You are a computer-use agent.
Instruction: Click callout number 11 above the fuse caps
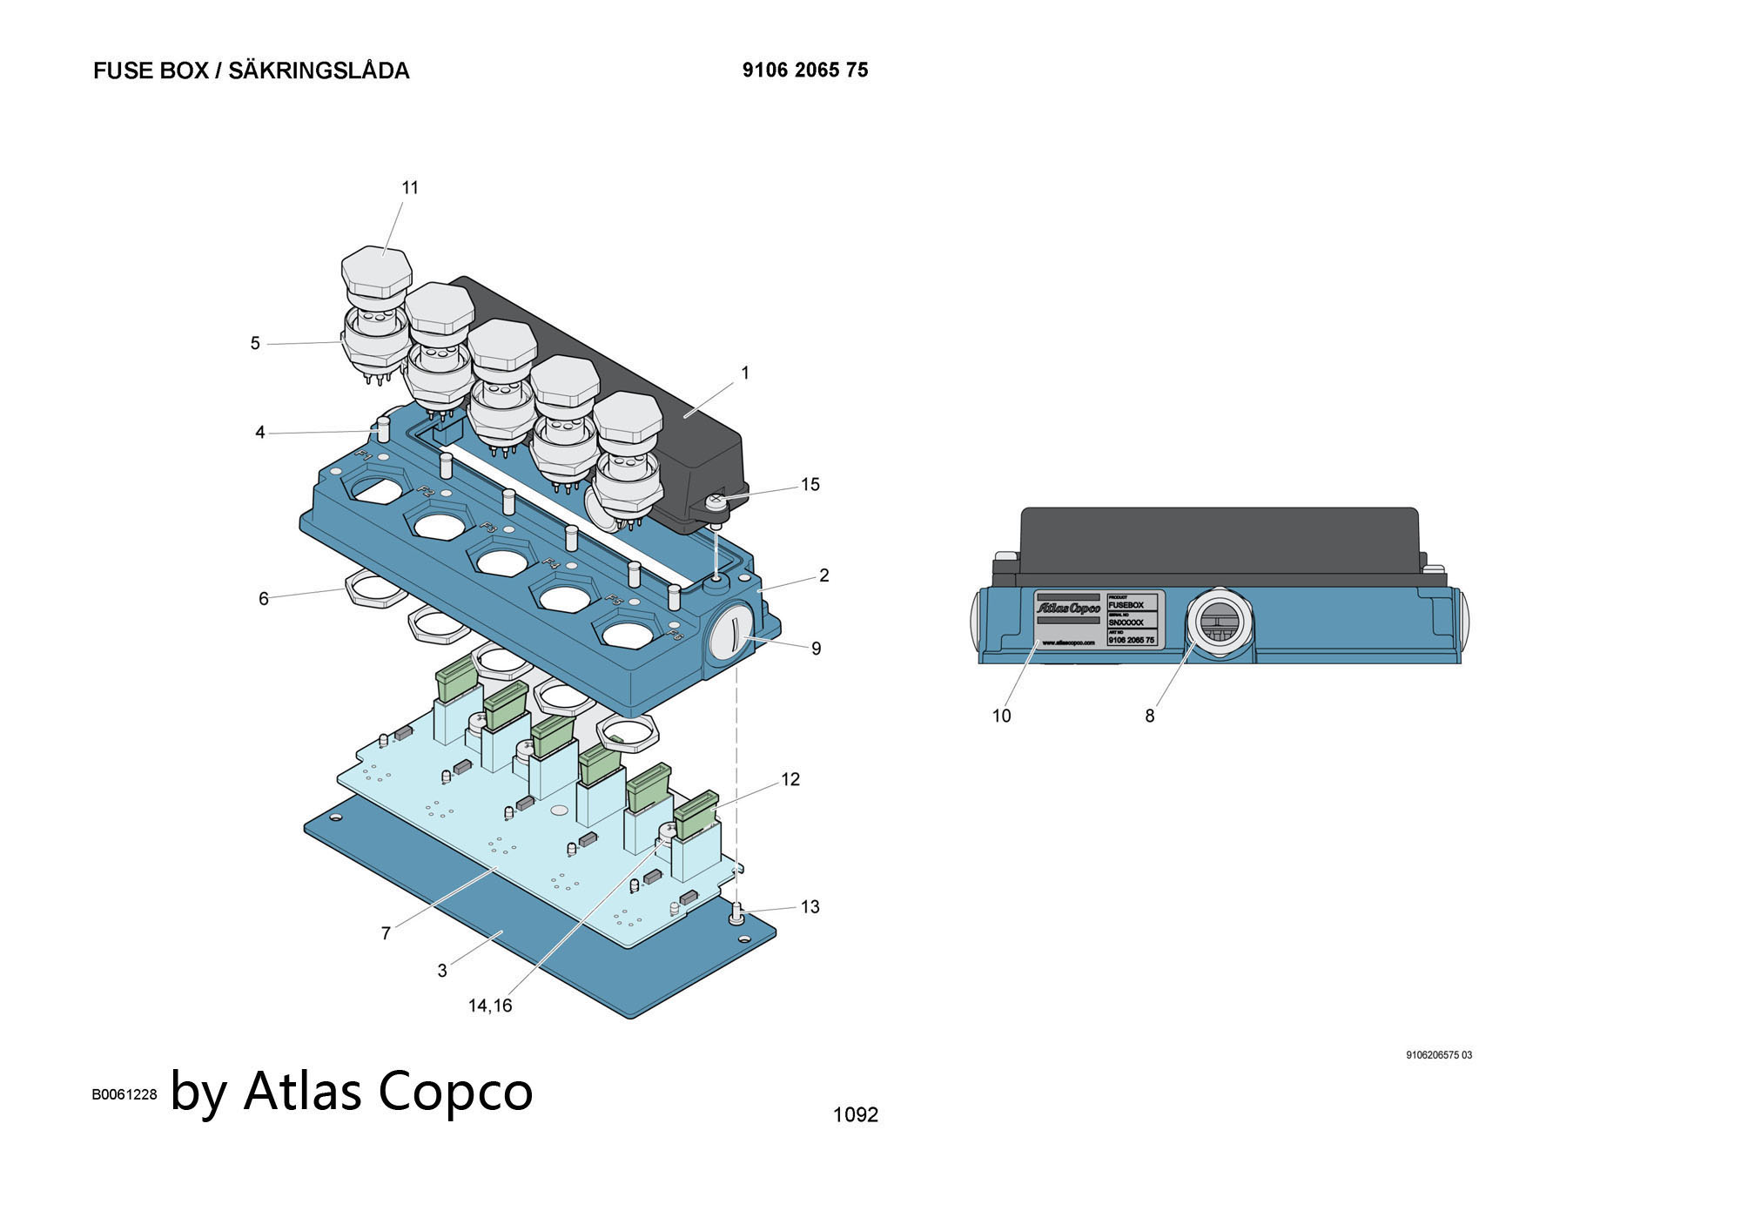(x=410, y=188)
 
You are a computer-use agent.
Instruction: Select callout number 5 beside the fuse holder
(x=255, y=344)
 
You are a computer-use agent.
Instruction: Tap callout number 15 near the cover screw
(x=810, y=485)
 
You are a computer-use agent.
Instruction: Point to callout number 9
(x=816, y=649)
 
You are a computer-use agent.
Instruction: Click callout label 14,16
(x=490, y=1006)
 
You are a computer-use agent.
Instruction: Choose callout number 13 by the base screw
(x=810, y=907)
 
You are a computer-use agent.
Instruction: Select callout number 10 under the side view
(x=1002, y=716)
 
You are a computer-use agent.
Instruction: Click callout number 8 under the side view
(x=1150, y=716)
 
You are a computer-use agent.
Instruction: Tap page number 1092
(x=856, y=1114)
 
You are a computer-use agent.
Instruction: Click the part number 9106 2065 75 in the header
(x=805, y=71)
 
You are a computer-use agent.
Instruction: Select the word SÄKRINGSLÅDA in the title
(x=319, y=71)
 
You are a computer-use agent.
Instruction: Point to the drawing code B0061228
(x=124, y=1094)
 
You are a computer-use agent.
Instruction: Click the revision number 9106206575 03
(x=1439, y=1055)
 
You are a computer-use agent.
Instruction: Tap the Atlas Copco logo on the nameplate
(x=1068, y=608)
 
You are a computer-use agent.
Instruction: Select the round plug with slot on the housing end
(x=729, y=631)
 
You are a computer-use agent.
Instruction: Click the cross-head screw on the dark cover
(x=716, y=500)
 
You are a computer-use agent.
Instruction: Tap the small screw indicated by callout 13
(x=736, y=911)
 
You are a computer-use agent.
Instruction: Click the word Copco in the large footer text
(x=455, y=1090)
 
